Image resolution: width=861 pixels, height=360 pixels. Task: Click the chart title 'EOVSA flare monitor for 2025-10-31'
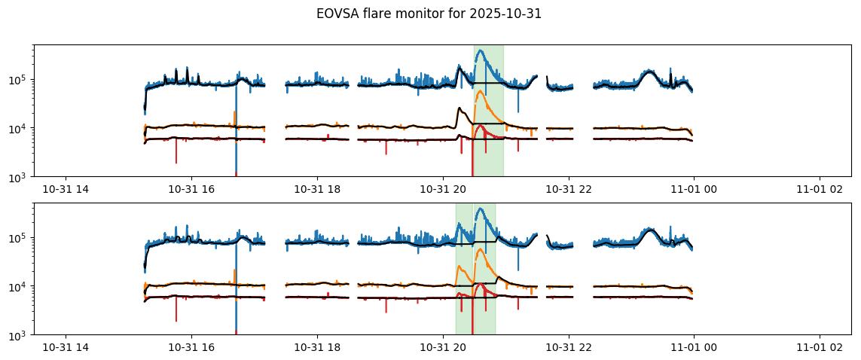click(x=429, y=14)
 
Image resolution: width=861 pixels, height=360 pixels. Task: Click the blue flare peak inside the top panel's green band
click(x=480, y=50)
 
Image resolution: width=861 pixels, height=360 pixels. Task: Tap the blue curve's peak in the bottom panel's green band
click(x=480, y=209)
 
